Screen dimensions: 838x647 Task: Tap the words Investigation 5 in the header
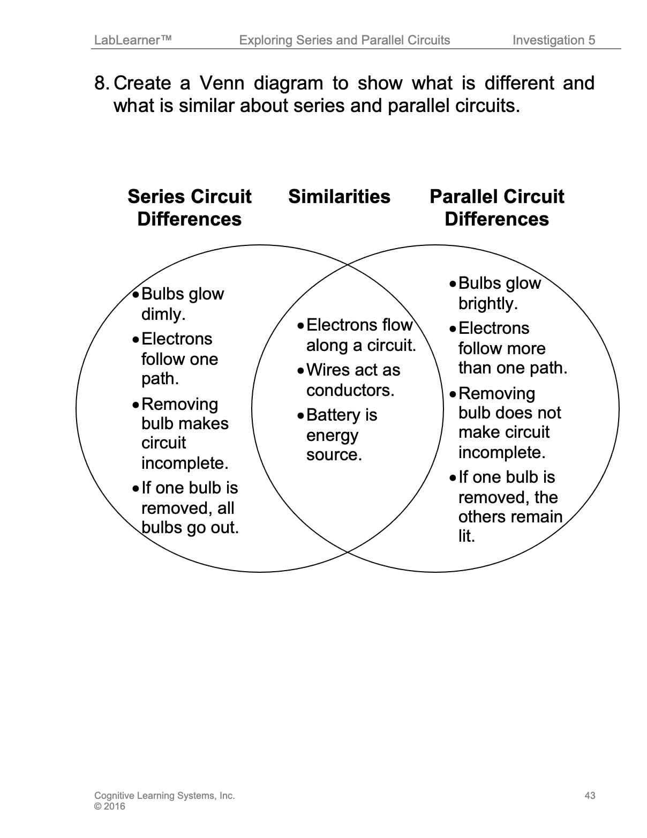pyautogui.click(x=553, y=40)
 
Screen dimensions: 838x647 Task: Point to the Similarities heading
pyautogui.click(x=339, y=197)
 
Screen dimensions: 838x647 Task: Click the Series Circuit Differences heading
pyautogui.click(x=189, y=208)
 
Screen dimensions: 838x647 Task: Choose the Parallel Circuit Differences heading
pyautogui.click(x=496, y=208)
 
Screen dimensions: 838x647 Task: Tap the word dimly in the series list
pyautogui.click(x=163, y=314)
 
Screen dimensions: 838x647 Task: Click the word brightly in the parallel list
pyautogui.click(x=487, y=303)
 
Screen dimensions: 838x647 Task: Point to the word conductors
pyautogui.click(x=350, y=390)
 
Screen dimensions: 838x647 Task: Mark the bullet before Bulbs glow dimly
pyautogui.click(x=137, y=294)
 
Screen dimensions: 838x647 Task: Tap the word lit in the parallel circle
pyautogui.click(x=466, y=536)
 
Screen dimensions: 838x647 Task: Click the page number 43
pyautogui.click(x=590, y=796)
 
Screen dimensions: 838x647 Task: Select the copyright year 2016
pyautogui.click(x=115, y=806)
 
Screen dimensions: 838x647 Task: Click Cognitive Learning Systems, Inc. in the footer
pyautogui.click(x=164, y=796)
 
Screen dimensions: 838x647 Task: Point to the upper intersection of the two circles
pyautogui.click(x=348, y=265)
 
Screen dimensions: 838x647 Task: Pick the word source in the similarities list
pyautogui.click(x=334, y=455)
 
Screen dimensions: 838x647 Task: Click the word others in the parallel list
pyautogui.click(x=480, y=517)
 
